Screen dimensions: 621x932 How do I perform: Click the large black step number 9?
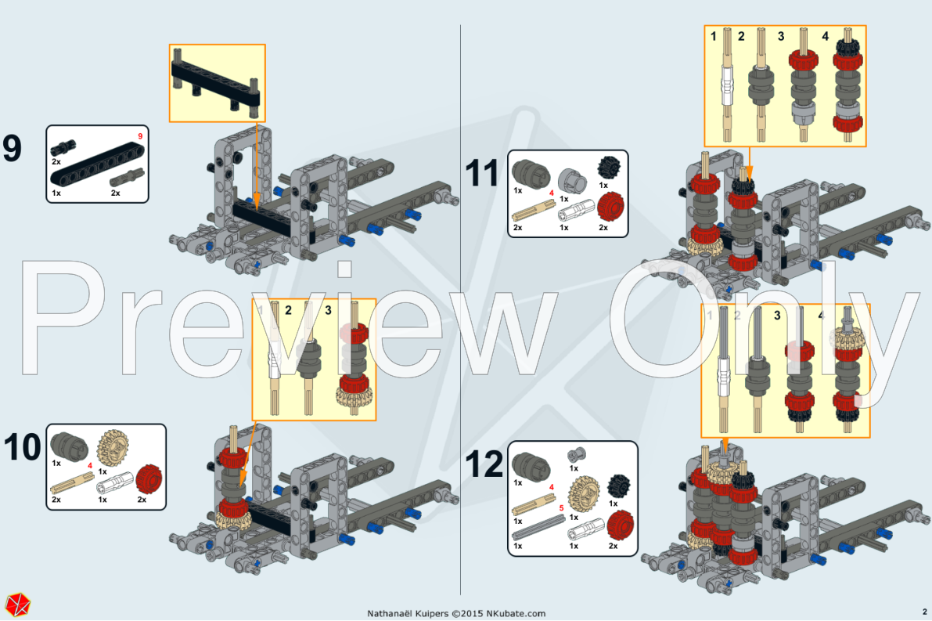[x=13, y=149]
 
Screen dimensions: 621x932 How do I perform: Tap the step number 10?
[x=23, y=447]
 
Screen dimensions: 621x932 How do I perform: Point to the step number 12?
[x=484, y=465]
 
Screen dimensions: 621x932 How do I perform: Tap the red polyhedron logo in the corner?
[x=17, y=605]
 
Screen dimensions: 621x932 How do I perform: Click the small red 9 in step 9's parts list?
[x=140, y=136]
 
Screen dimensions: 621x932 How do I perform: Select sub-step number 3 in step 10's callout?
[x=327, y=310]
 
